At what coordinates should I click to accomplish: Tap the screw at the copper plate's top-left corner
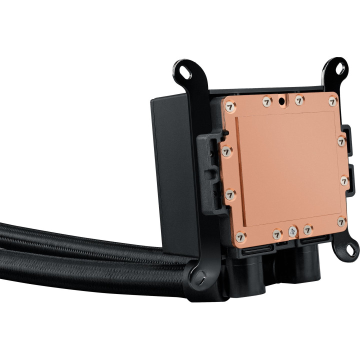[x=230, y=106]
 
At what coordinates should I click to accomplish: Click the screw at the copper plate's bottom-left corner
[x=239, y=235]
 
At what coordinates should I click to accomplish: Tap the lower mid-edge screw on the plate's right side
[x=344, y=180]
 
